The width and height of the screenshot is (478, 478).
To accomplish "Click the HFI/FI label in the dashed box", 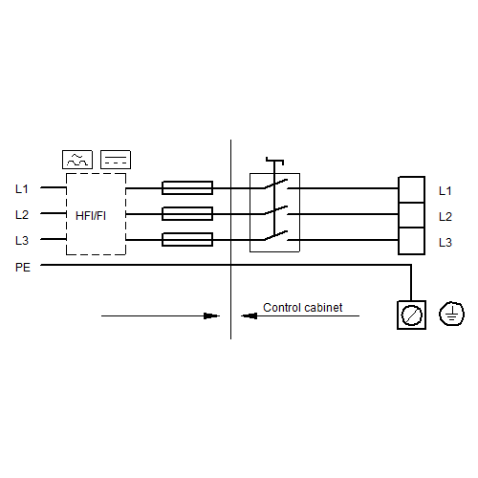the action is click(91, 216).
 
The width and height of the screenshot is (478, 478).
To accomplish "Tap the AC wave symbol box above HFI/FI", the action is click(77, 160).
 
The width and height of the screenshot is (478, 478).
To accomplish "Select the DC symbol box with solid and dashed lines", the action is click(116, 160).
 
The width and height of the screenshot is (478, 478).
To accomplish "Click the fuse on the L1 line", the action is click(187, 188).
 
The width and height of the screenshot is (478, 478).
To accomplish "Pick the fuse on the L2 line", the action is click(187, 214).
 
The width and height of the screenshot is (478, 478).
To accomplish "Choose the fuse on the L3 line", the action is click(187, 240).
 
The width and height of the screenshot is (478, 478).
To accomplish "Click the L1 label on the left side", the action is click(22, 189).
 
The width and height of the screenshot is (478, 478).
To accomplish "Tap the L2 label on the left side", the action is click(22, 215).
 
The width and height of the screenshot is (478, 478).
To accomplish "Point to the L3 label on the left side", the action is click(22, 240).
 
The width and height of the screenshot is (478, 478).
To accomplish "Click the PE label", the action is click(23, 267).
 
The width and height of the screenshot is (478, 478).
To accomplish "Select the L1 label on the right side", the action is click(445, 191).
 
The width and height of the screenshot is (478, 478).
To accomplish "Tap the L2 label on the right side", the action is click(445, 217).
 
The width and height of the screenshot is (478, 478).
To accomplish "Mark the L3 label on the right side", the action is click(445, 243).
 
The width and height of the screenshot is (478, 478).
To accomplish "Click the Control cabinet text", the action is click(303, 308).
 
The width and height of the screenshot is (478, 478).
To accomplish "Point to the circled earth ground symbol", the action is click(451, 314).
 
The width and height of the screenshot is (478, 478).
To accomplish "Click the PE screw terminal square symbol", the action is click(411, 315).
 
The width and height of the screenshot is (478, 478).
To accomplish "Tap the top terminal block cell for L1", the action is click(411, 189).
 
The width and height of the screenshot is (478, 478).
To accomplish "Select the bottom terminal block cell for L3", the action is click(411, 241).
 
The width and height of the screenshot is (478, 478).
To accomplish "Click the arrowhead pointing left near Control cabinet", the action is click(249, 316).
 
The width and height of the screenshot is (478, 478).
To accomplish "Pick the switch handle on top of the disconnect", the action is click(274, 161).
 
